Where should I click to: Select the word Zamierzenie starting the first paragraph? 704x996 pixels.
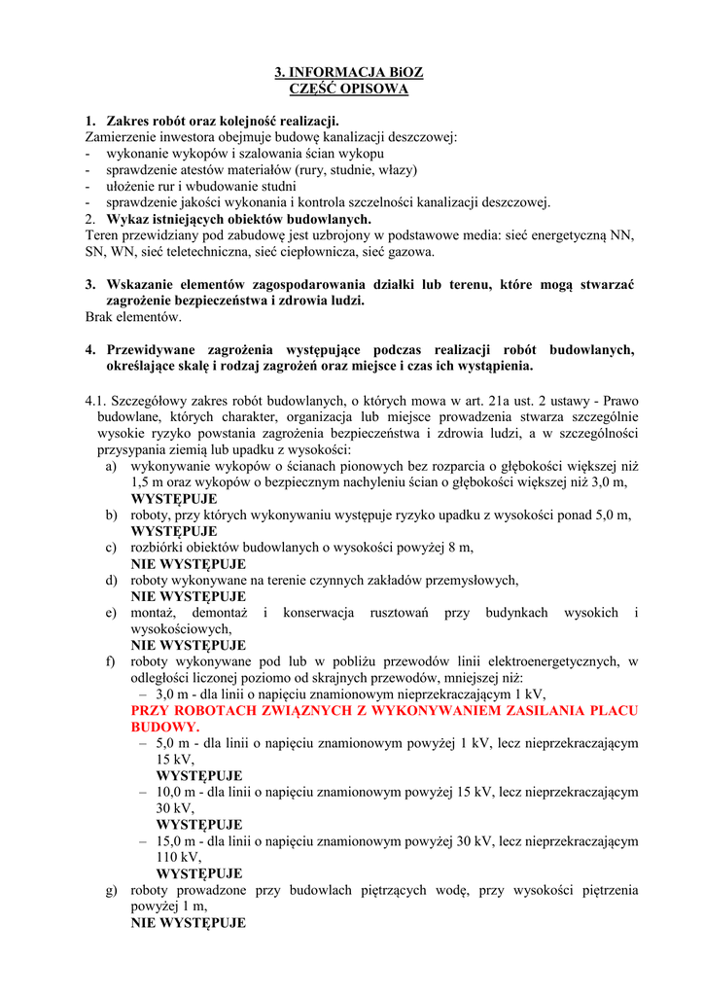[123, 137]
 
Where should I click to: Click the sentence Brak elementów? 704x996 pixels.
[133, 316]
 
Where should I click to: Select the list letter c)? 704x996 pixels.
[112, 548]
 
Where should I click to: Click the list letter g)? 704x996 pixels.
[112, 890]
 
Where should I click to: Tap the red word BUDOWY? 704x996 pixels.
[164, 727]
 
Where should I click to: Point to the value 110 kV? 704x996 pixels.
[178, 857]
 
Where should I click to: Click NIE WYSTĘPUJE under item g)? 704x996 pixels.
[189, 923]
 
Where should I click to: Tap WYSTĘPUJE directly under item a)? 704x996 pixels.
[174, 498]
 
